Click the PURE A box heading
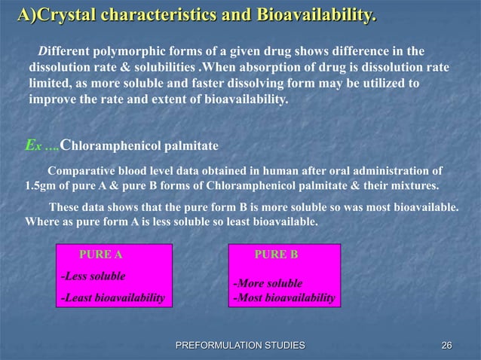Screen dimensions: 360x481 coord(100,255)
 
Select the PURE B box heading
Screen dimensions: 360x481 coord(276,255)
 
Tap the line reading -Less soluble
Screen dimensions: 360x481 coord(93,276)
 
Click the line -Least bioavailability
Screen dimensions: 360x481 coord(113,298)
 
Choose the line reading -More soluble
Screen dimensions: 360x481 coord(268,284)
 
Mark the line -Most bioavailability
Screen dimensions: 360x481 coord(284,298)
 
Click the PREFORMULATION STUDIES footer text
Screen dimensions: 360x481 coord(240,345)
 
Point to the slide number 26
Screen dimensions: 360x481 coord(446,345)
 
